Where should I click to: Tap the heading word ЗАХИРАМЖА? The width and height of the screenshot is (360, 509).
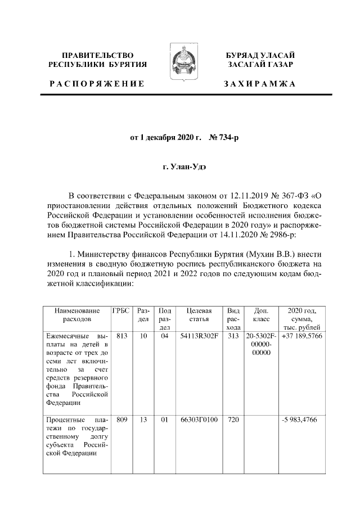tap(259, 84)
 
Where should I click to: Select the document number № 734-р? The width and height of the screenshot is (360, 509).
tap(225, 138)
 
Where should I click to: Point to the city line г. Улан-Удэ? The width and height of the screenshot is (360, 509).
tap(179, 167)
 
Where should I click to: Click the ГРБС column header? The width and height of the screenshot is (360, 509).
tap(120, 310)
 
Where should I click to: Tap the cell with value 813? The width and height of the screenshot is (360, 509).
tap(120, 336)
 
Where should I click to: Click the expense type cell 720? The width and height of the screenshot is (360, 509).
tap(233, 420)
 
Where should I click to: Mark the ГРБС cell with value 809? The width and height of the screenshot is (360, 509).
tap(120, 420)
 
